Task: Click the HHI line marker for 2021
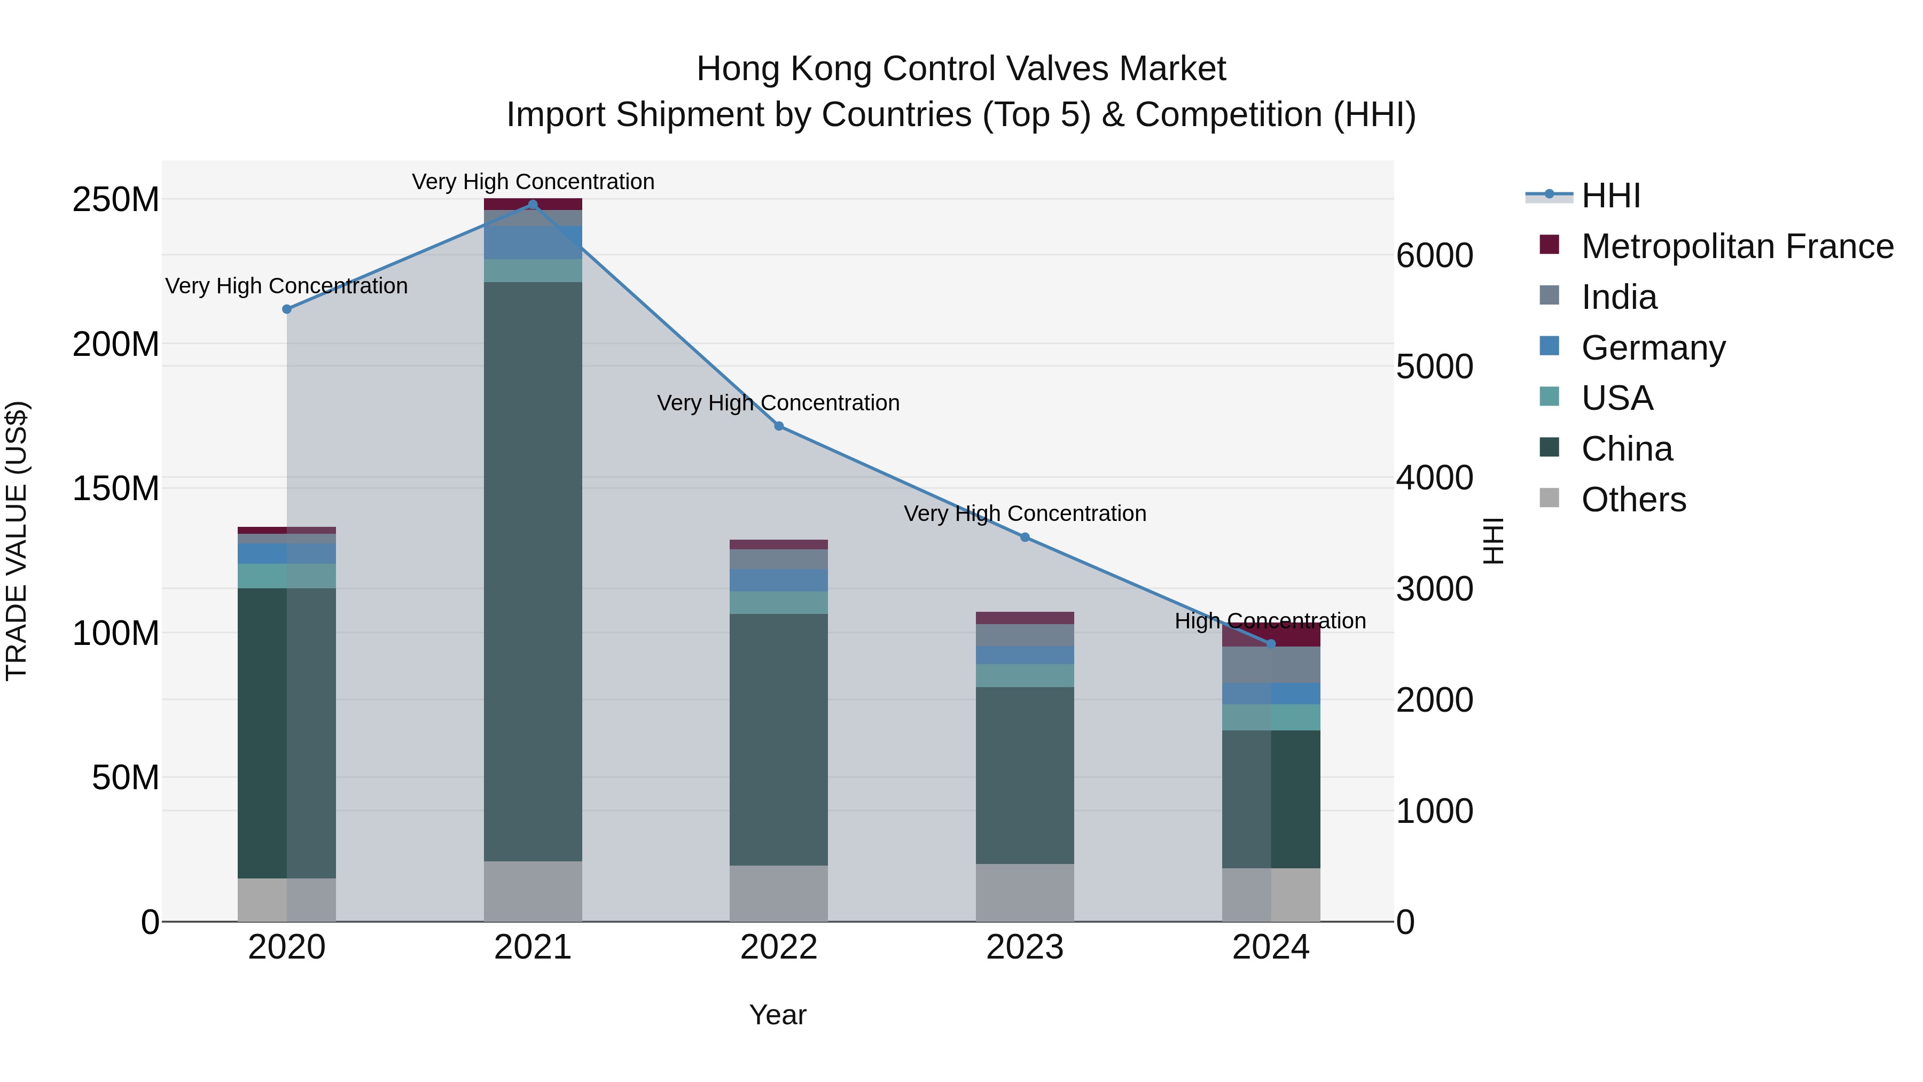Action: (x=532, y=205)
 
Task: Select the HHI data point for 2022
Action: (x=779, y=426)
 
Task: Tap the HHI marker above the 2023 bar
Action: (x=1025, y=538)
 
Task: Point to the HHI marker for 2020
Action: (x=287, y=309)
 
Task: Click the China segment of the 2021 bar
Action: (x=532, y=571)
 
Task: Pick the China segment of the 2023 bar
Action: (x=1025, y=775)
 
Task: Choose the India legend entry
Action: (x=1619, y=297)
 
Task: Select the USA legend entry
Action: (x=1617, y=398)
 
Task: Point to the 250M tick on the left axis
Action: (x=116, y=200)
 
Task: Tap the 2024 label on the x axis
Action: (x=1271, y=947)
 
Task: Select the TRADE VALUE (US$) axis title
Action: (x=17, y=541)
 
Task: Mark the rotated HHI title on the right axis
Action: (x=1493, y=541)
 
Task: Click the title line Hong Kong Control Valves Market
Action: (x=961, y=69)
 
